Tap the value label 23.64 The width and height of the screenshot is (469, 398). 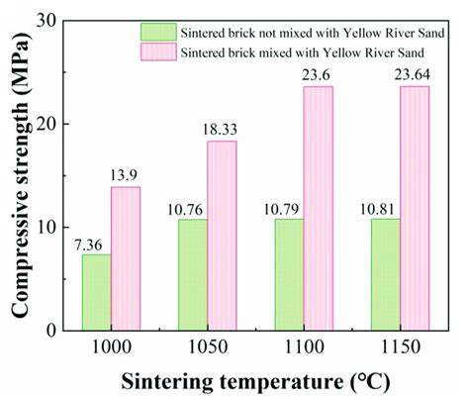[416, 76]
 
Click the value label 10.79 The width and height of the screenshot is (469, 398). [288, 209]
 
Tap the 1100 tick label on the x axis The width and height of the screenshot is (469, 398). [304, 348]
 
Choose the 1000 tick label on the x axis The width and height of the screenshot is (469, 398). [110, 348]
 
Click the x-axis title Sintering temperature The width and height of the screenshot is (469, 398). [254, 380]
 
